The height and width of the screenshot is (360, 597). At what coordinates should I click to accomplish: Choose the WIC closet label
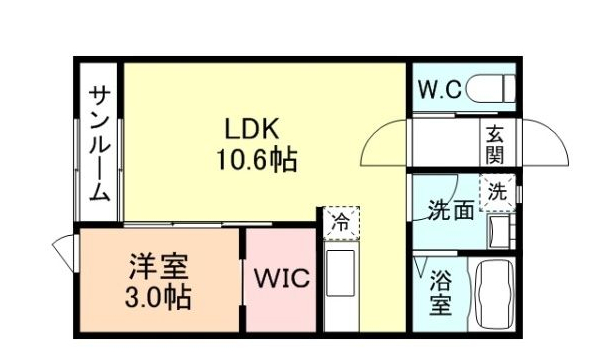280,278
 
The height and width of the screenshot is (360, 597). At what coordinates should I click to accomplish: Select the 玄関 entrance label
494,144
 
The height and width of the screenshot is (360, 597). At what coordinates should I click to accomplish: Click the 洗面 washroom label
450,210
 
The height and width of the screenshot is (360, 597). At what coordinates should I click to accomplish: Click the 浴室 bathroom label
440,292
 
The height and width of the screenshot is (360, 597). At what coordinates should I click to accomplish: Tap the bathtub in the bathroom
492,295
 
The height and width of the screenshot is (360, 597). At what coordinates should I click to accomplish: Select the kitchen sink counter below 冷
340,285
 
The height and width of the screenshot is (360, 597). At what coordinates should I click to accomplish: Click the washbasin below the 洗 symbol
498,230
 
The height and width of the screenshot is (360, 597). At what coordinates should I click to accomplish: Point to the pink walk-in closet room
282,300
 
